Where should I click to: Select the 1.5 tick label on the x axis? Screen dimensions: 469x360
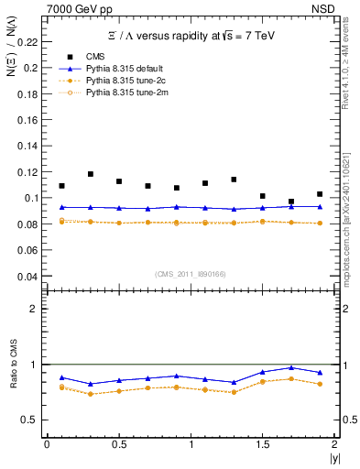point(263,443)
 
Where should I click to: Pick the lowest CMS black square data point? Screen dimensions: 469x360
point(291,202)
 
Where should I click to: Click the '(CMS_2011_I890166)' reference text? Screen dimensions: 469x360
point(189,273)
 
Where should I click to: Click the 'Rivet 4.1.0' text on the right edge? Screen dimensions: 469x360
point(349,69)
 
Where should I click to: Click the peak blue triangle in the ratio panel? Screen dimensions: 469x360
point(291,367)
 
